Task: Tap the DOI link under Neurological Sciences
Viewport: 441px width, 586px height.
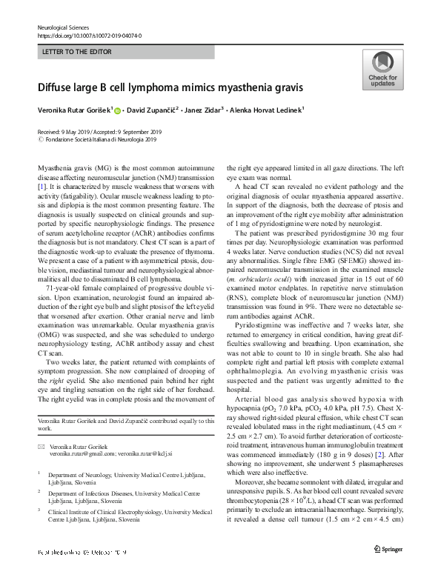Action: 89,35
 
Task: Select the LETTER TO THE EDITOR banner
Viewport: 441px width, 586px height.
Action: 125,52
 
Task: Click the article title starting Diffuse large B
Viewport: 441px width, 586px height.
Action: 170,87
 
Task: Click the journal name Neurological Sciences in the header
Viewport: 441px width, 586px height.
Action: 64,27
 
